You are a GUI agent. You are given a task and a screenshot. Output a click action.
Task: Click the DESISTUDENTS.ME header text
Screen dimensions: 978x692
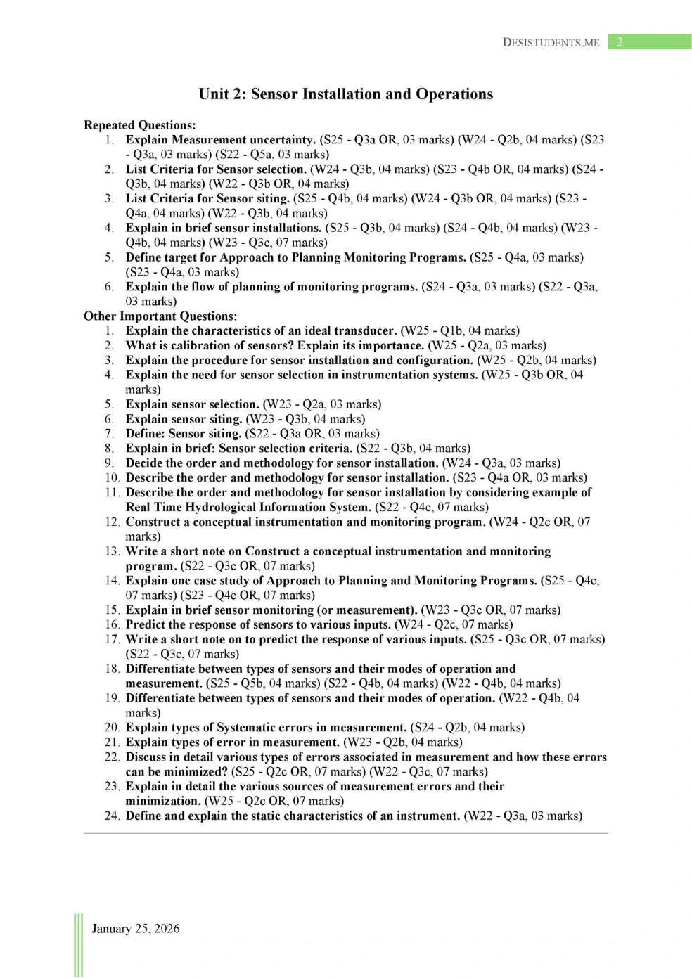(551, 42)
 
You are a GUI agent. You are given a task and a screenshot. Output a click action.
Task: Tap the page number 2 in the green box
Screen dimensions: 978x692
(620, 42)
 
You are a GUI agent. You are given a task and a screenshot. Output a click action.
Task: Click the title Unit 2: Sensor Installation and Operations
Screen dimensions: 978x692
(345, 94)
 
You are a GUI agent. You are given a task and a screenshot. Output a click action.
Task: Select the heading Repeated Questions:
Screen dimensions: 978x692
(140, 125)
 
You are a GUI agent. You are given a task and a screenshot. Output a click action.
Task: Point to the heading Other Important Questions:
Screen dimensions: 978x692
(160, 316)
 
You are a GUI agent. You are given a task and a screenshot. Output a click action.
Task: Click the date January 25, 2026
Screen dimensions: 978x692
(136, 928)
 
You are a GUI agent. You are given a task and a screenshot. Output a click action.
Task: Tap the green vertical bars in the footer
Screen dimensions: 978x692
(78, 945)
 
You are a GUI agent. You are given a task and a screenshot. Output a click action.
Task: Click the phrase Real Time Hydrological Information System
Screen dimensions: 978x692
(248, 507)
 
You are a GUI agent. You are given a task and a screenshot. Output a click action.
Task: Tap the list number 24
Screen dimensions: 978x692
(112, 816)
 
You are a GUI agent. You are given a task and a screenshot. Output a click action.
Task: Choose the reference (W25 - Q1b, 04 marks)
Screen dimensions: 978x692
(460, 330)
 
